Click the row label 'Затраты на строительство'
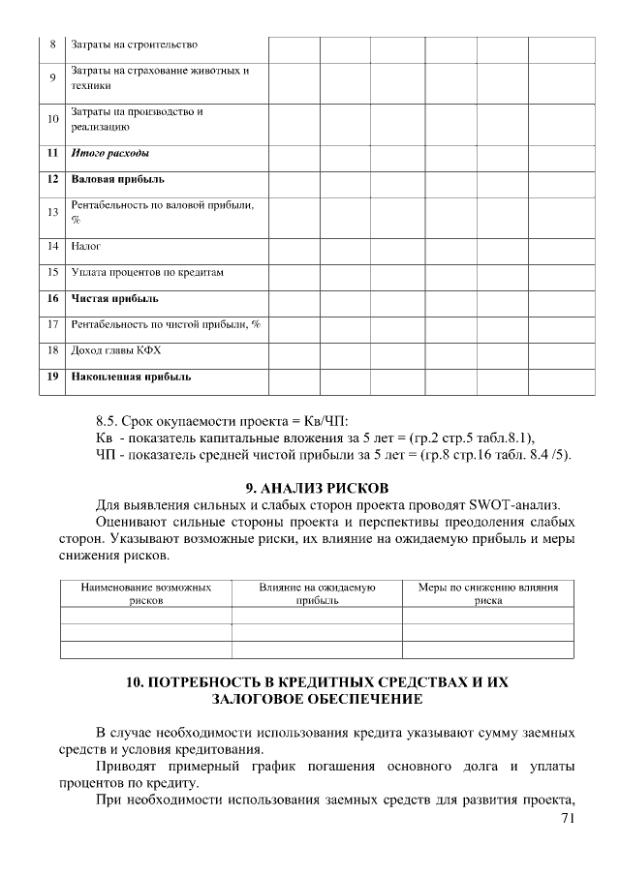135,45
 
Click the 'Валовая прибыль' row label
117,179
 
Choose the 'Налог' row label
86,246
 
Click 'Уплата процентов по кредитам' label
147,272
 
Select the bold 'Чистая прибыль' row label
114,298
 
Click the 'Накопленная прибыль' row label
131,376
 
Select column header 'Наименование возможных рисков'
146,593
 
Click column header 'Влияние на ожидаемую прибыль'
317,593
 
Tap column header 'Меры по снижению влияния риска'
487,593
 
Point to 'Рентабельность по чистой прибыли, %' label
166,324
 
